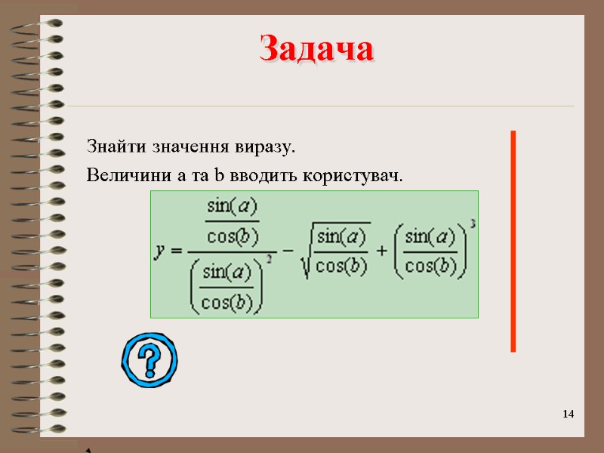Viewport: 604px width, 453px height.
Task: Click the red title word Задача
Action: point(316,50)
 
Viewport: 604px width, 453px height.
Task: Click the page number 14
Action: point(569,414)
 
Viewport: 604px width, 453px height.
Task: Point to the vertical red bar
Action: point(513,241)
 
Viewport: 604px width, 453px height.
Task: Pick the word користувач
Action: point(353,177)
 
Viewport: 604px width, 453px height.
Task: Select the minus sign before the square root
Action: point(288,250)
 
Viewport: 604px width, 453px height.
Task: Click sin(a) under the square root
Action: point(342,237)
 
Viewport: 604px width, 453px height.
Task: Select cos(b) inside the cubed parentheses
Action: point(430,264)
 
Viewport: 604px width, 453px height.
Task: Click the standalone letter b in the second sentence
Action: point(219,177)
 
